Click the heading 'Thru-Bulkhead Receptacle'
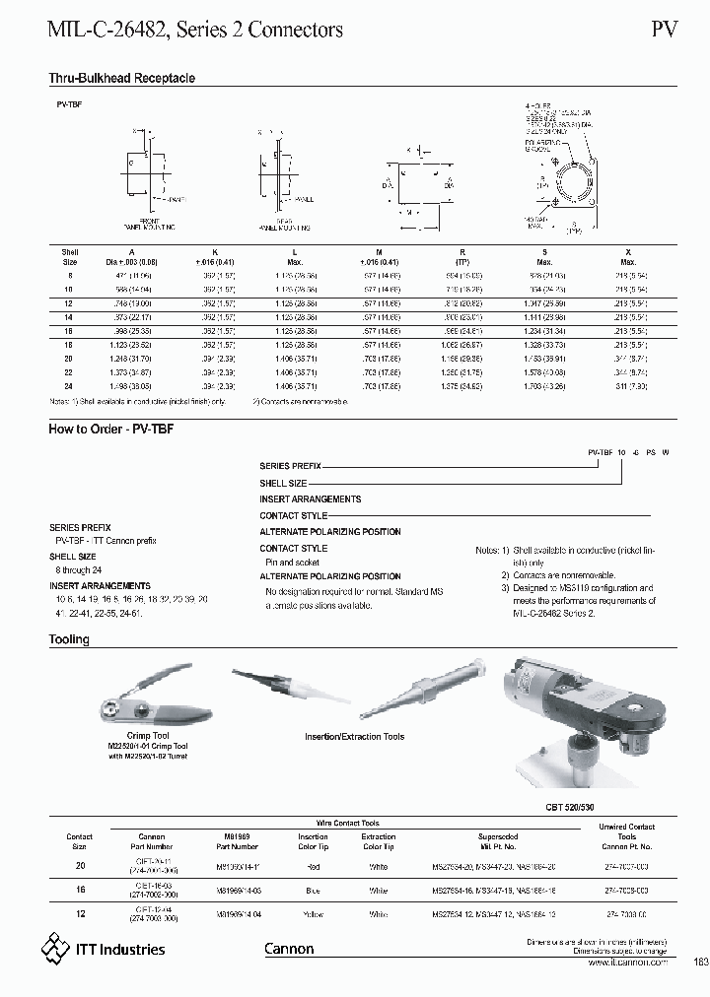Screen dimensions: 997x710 pyautogui.click(x=122, y=78)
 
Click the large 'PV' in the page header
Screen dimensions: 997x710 pyautogui.click(x=664, y=30)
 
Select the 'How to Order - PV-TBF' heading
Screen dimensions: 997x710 pyautogui.click(x=111, y=429)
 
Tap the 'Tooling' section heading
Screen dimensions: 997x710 pyautogui.click(x=69, y=639)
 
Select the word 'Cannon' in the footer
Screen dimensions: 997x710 pyautogui.click(x=289, y=949)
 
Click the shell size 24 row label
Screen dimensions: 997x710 pyautogui.click(x=69, y=387)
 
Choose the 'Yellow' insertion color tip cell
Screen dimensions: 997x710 pyautogui.click(x=314, y=914)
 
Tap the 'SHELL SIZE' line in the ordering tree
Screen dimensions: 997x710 pyautogui.click(x=283, y=484)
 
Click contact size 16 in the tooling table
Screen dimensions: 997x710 pyautogui.click(x=80, y=889)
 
